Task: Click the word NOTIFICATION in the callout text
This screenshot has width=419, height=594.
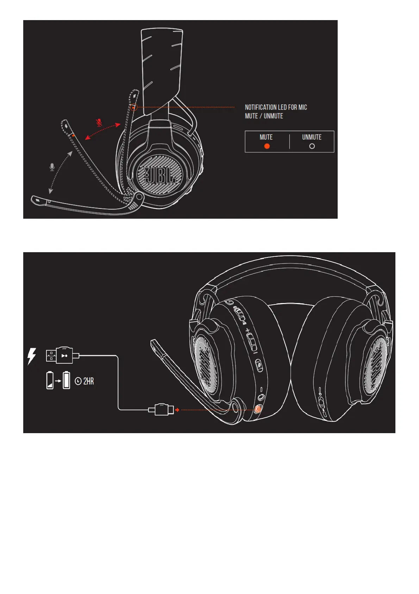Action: [x=261, y=107]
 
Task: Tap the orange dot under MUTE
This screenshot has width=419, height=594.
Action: [x=267, y=146]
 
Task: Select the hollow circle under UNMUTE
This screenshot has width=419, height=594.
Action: [x=312, y=146]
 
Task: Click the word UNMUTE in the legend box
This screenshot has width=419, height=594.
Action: [x=312, y=137]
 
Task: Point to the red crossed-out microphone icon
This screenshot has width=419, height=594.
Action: [x=100, y=123]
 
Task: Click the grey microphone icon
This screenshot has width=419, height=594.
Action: [x=52, y=167]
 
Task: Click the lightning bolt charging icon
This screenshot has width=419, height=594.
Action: [x=32, y=356]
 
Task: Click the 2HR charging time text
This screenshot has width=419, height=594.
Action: [x=88, y=381]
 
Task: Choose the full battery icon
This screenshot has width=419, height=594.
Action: [x=67, y=381]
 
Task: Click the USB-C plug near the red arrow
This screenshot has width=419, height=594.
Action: [x=161, y=410]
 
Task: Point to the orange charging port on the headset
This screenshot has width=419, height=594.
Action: [x=258, y=409]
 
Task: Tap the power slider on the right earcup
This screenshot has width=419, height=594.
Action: [x=321, y=402]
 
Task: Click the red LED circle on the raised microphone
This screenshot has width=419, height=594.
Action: [x=133, y=107]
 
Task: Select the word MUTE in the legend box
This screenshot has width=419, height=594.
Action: [x=266, y=137]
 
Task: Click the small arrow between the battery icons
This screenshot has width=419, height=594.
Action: [x=58, y=381]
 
